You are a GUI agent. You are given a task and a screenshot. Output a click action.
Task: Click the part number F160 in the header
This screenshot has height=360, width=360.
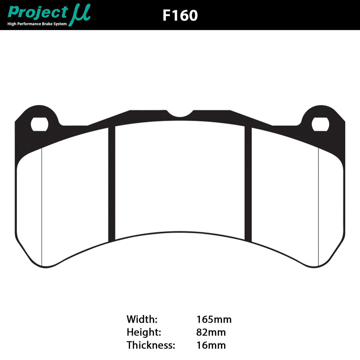[180, 15]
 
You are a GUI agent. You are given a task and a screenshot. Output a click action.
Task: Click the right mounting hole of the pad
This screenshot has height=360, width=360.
[321, 124]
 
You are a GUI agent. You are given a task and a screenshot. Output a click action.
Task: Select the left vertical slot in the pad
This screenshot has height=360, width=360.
[112, 184]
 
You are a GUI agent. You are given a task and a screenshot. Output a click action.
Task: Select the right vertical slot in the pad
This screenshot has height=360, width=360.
[248, 184]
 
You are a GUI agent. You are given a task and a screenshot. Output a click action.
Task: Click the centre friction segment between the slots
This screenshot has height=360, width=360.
[180, 180]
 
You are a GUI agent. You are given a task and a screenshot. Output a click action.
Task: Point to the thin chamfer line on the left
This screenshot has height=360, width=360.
[42, 207]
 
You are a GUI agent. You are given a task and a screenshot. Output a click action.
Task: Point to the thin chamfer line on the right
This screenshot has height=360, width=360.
[318, 207]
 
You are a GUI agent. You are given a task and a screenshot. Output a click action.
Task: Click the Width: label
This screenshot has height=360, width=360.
[142, 319]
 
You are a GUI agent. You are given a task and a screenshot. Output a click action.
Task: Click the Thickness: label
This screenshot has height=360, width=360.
[151, 345]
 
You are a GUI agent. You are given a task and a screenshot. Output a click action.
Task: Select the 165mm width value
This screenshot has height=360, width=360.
[214, 319]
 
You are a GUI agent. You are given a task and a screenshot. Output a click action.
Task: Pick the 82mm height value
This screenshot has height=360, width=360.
[211, 332]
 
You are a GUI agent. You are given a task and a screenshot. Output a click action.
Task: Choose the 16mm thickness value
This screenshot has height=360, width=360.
[211, 345]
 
